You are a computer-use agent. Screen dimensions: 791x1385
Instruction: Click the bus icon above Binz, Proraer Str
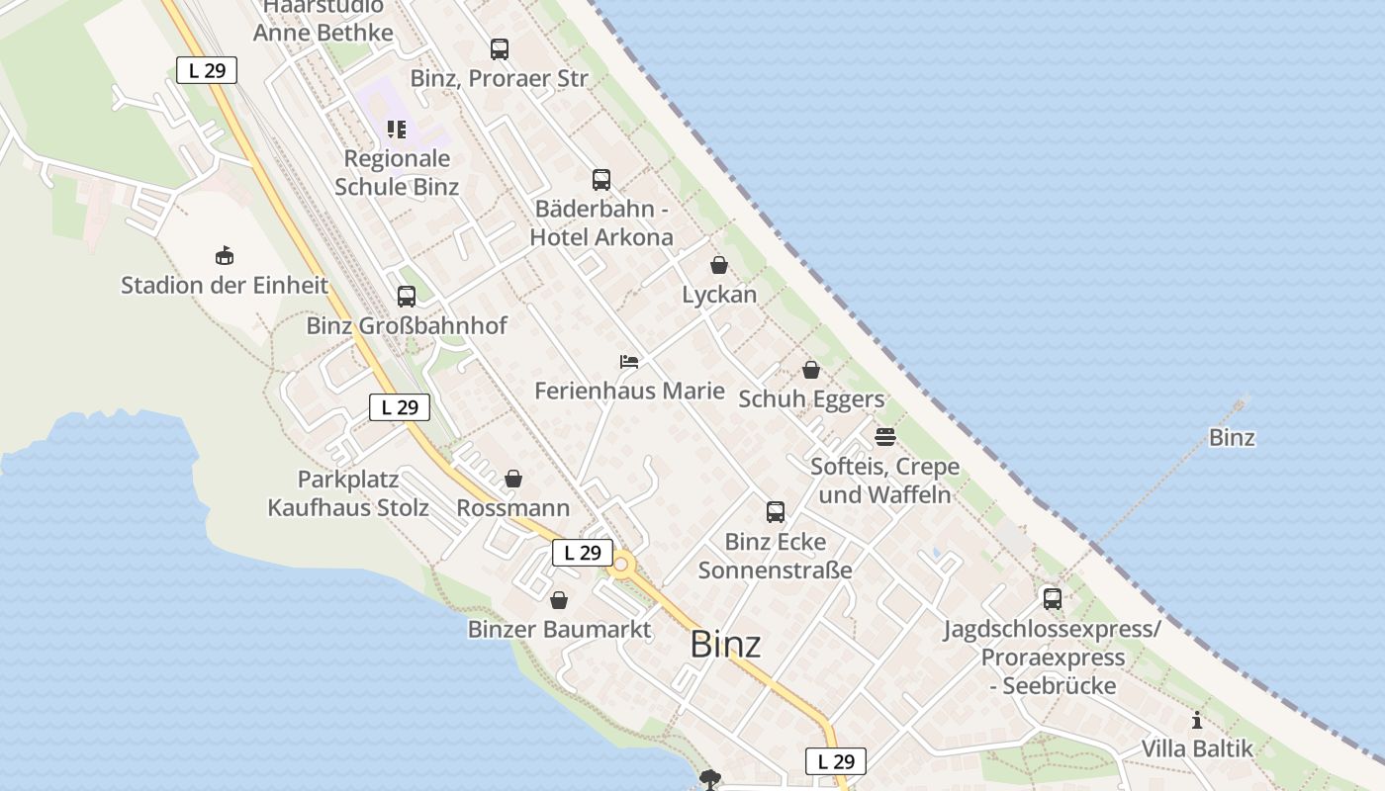(x=500, y=48)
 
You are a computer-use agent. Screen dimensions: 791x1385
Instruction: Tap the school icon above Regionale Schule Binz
(x=397, y=130)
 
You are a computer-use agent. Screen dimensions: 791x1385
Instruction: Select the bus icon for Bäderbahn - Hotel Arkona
(x=601, y=180)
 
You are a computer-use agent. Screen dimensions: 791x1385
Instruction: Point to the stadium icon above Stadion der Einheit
(x=225, y=256)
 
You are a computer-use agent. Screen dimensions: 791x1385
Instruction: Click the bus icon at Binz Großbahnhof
(x=407, y=296)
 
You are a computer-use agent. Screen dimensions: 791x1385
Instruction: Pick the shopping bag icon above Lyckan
(x=719, y=265)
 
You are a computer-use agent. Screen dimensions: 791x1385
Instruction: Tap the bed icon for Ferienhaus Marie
(x=629, y=361)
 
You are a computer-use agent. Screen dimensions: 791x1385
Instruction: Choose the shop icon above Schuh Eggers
(x=811, y=370)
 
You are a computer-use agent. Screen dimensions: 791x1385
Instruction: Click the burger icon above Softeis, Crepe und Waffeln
(x=885, y=436)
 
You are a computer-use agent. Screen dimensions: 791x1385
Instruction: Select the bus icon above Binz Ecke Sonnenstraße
(x=776, y=512)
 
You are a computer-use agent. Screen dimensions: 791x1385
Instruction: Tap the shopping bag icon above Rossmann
(x=513, y=480)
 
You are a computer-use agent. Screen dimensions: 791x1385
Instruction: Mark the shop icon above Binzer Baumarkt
(x=559, y=600)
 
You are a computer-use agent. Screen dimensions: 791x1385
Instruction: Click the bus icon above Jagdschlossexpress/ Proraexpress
(x=1052, y=598)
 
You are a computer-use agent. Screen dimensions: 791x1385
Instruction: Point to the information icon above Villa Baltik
(x=1197, y=720)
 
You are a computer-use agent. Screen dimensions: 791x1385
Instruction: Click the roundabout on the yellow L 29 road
(x=622, y=567)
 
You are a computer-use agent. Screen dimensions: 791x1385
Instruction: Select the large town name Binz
(x=725, y=645)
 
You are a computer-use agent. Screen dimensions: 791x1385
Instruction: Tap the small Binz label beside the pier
(x=1232, y=437)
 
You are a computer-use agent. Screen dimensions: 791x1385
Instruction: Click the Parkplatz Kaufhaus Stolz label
(x=348, y=494)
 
